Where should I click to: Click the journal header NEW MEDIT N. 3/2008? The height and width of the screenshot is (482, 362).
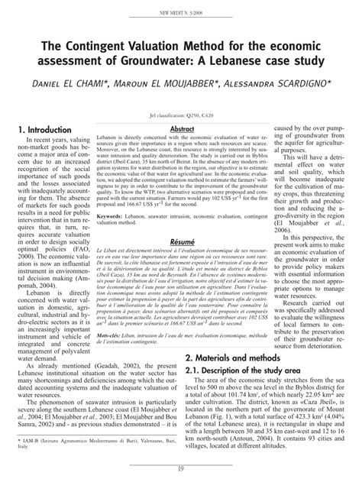[x=181, y=12]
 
